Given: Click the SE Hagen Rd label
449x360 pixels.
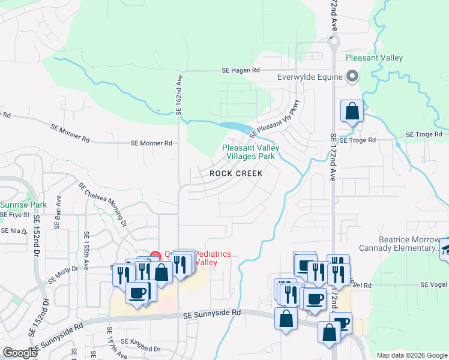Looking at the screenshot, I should (240, 70).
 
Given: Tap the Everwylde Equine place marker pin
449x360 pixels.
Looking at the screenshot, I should (352, 77).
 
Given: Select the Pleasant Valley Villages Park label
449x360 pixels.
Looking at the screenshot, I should (249, 152).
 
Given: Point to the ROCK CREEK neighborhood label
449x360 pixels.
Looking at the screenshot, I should (236, 173).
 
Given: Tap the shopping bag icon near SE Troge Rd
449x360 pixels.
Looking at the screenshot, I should (352, 112).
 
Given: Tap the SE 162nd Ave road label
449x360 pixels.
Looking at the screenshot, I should (178, 95).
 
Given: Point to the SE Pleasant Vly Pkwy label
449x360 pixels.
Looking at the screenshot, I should (274, 117).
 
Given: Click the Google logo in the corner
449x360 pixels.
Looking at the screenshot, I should (20, 352).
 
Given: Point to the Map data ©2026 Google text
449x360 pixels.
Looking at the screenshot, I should (411, 355).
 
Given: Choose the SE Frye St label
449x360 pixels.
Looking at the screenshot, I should (15, 214).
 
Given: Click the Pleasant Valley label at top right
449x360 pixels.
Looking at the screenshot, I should (374, 58).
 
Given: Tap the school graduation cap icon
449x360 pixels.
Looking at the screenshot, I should (446, 249).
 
